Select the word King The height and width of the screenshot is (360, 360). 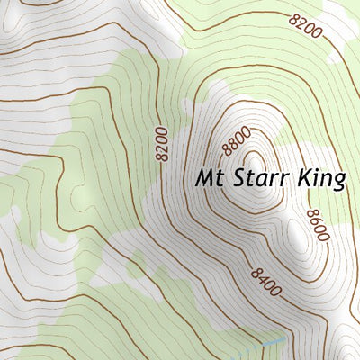322,178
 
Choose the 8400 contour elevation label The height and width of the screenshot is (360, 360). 266,282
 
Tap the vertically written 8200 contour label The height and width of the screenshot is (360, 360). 161,144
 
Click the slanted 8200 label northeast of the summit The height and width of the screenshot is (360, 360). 305,26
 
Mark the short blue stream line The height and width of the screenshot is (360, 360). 270,343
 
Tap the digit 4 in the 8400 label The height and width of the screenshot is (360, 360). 263,280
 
